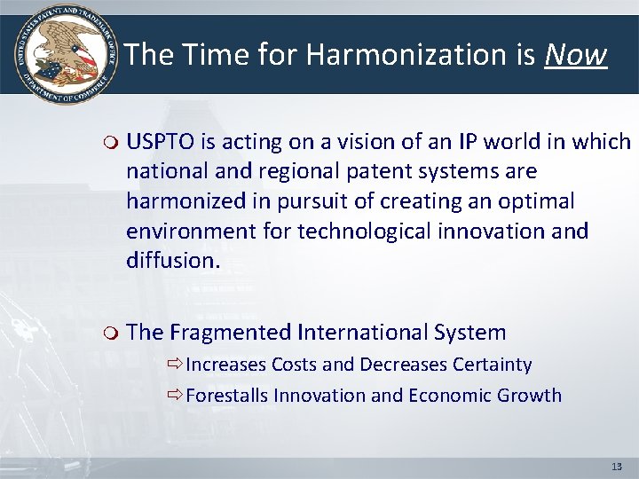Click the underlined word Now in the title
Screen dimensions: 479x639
point(575,55)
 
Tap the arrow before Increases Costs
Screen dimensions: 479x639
point(174,365)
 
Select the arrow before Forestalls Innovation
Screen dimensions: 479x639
point(174,396)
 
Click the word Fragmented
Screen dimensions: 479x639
point(231,333)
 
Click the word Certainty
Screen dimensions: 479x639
point(492,365)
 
